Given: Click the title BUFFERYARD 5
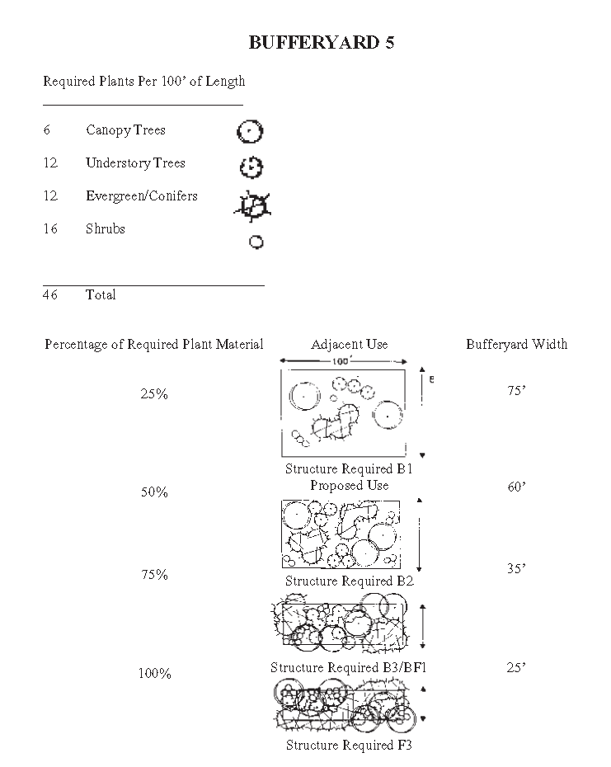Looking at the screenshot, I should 322,44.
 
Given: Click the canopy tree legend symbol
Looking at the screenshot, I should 250,132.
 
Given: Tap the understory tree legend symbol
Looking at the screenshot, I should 251,167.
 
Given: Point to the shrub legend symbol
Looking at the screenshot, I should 256,242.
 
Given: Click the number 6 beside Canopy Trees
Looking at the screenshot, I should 47,130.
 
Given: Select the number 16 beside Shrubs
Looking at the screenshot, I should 50,229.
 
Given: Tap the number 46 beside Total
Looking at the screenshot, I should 50,295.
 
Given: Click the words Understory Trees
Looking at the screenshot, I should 135,163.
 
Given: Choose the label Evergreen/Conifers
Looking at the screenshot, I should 141,196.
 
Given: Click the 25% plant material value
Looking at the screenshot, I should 154,394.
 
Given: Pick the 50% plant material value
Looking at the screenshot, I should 154,492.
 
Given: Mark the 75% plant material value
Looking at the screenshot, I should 154,575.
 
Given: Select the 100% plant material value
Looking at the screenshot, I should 154,674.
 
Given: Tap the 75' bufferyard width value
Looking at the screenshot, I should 516,392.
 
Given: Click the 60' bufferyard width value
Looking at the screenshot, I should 516,487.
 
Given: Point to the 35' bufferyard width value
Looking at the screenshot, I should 516,569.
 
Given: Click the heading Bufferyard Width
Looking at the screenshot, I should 516,345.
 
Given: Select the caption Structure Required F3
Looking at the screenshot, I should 349,746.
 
